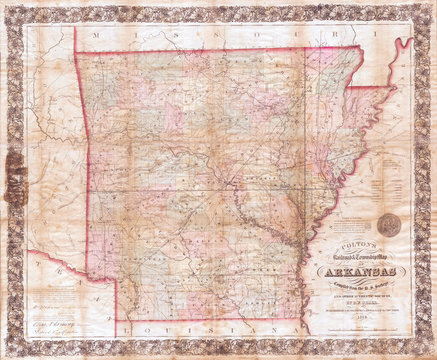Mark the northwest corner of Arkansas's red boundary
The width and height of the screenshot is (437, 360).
[75, 52]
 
